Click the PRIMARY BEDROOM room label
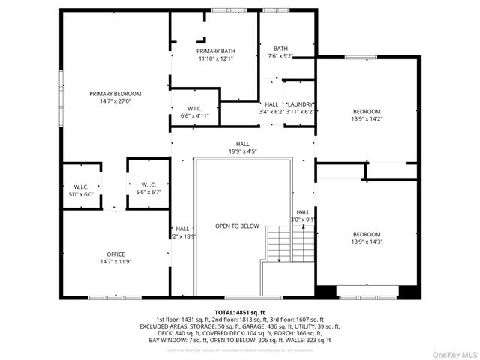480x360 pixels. coord(115,94)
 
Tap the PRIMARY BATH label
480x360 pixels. coord(217,51)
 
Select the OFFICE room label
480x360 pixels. coord(115,253)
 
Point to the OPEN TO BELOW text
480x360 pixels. coord(237,226)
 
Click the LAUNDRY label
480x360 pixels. coord(300,104)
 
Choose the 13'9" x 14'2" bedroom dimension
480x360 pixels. coord(367,118)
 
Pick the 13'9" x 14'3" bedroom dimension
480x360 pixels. coord(367,241)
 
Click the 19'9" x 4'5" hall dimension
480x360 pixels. coord(243,151)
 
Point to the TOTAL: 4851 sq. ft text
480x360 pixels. coord(239,312)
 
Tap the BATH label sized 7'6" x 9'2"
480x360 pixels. coord(280,48)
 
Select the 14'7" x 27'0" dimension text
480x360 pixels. coord(115,101)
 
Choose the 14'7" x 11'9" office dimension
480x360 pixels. coord(115,261)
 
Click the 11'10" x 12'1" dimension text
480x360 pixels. coord(217,58)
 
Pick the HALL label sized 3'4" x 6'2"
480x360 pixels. coord(271,104)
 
